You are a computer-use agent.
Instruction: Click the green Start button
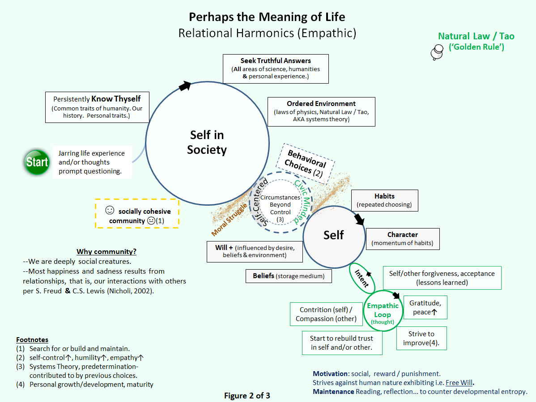tap(37, 161)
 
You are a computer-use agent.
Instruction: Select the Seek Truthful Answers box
tap(276, 68)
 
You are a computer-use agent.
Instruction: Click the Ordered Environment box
tap(321, 111)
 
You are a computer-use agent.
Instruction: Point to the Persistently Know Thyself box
tap(97, 107)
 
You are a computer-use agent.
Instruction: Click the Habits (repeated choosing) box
tap(384, 200)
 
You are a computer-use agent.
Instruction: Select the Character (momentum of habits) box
tap(402, 239)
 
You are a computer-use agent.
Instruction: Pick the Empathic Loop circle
tap(383, 312)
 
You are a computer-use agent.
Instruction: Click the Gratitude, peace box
tap(425, 307)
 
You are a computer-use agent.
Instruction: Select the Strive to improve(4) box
tap(421, 338)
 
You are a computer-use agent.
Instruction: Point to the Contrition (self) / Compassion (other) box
tap(325, 314)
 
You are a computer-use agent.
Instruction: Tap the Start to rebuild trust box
tap(342, 343)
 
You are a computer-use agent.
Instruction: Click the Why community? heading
tap(106, 251)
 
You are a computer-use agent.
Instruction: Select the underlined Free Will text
tap(458, 383)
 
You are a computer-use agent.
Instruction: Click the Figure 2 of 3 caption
tap(247, 395)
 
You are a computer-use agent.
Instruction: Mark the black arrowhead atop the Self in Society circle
tap(185, 86)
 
